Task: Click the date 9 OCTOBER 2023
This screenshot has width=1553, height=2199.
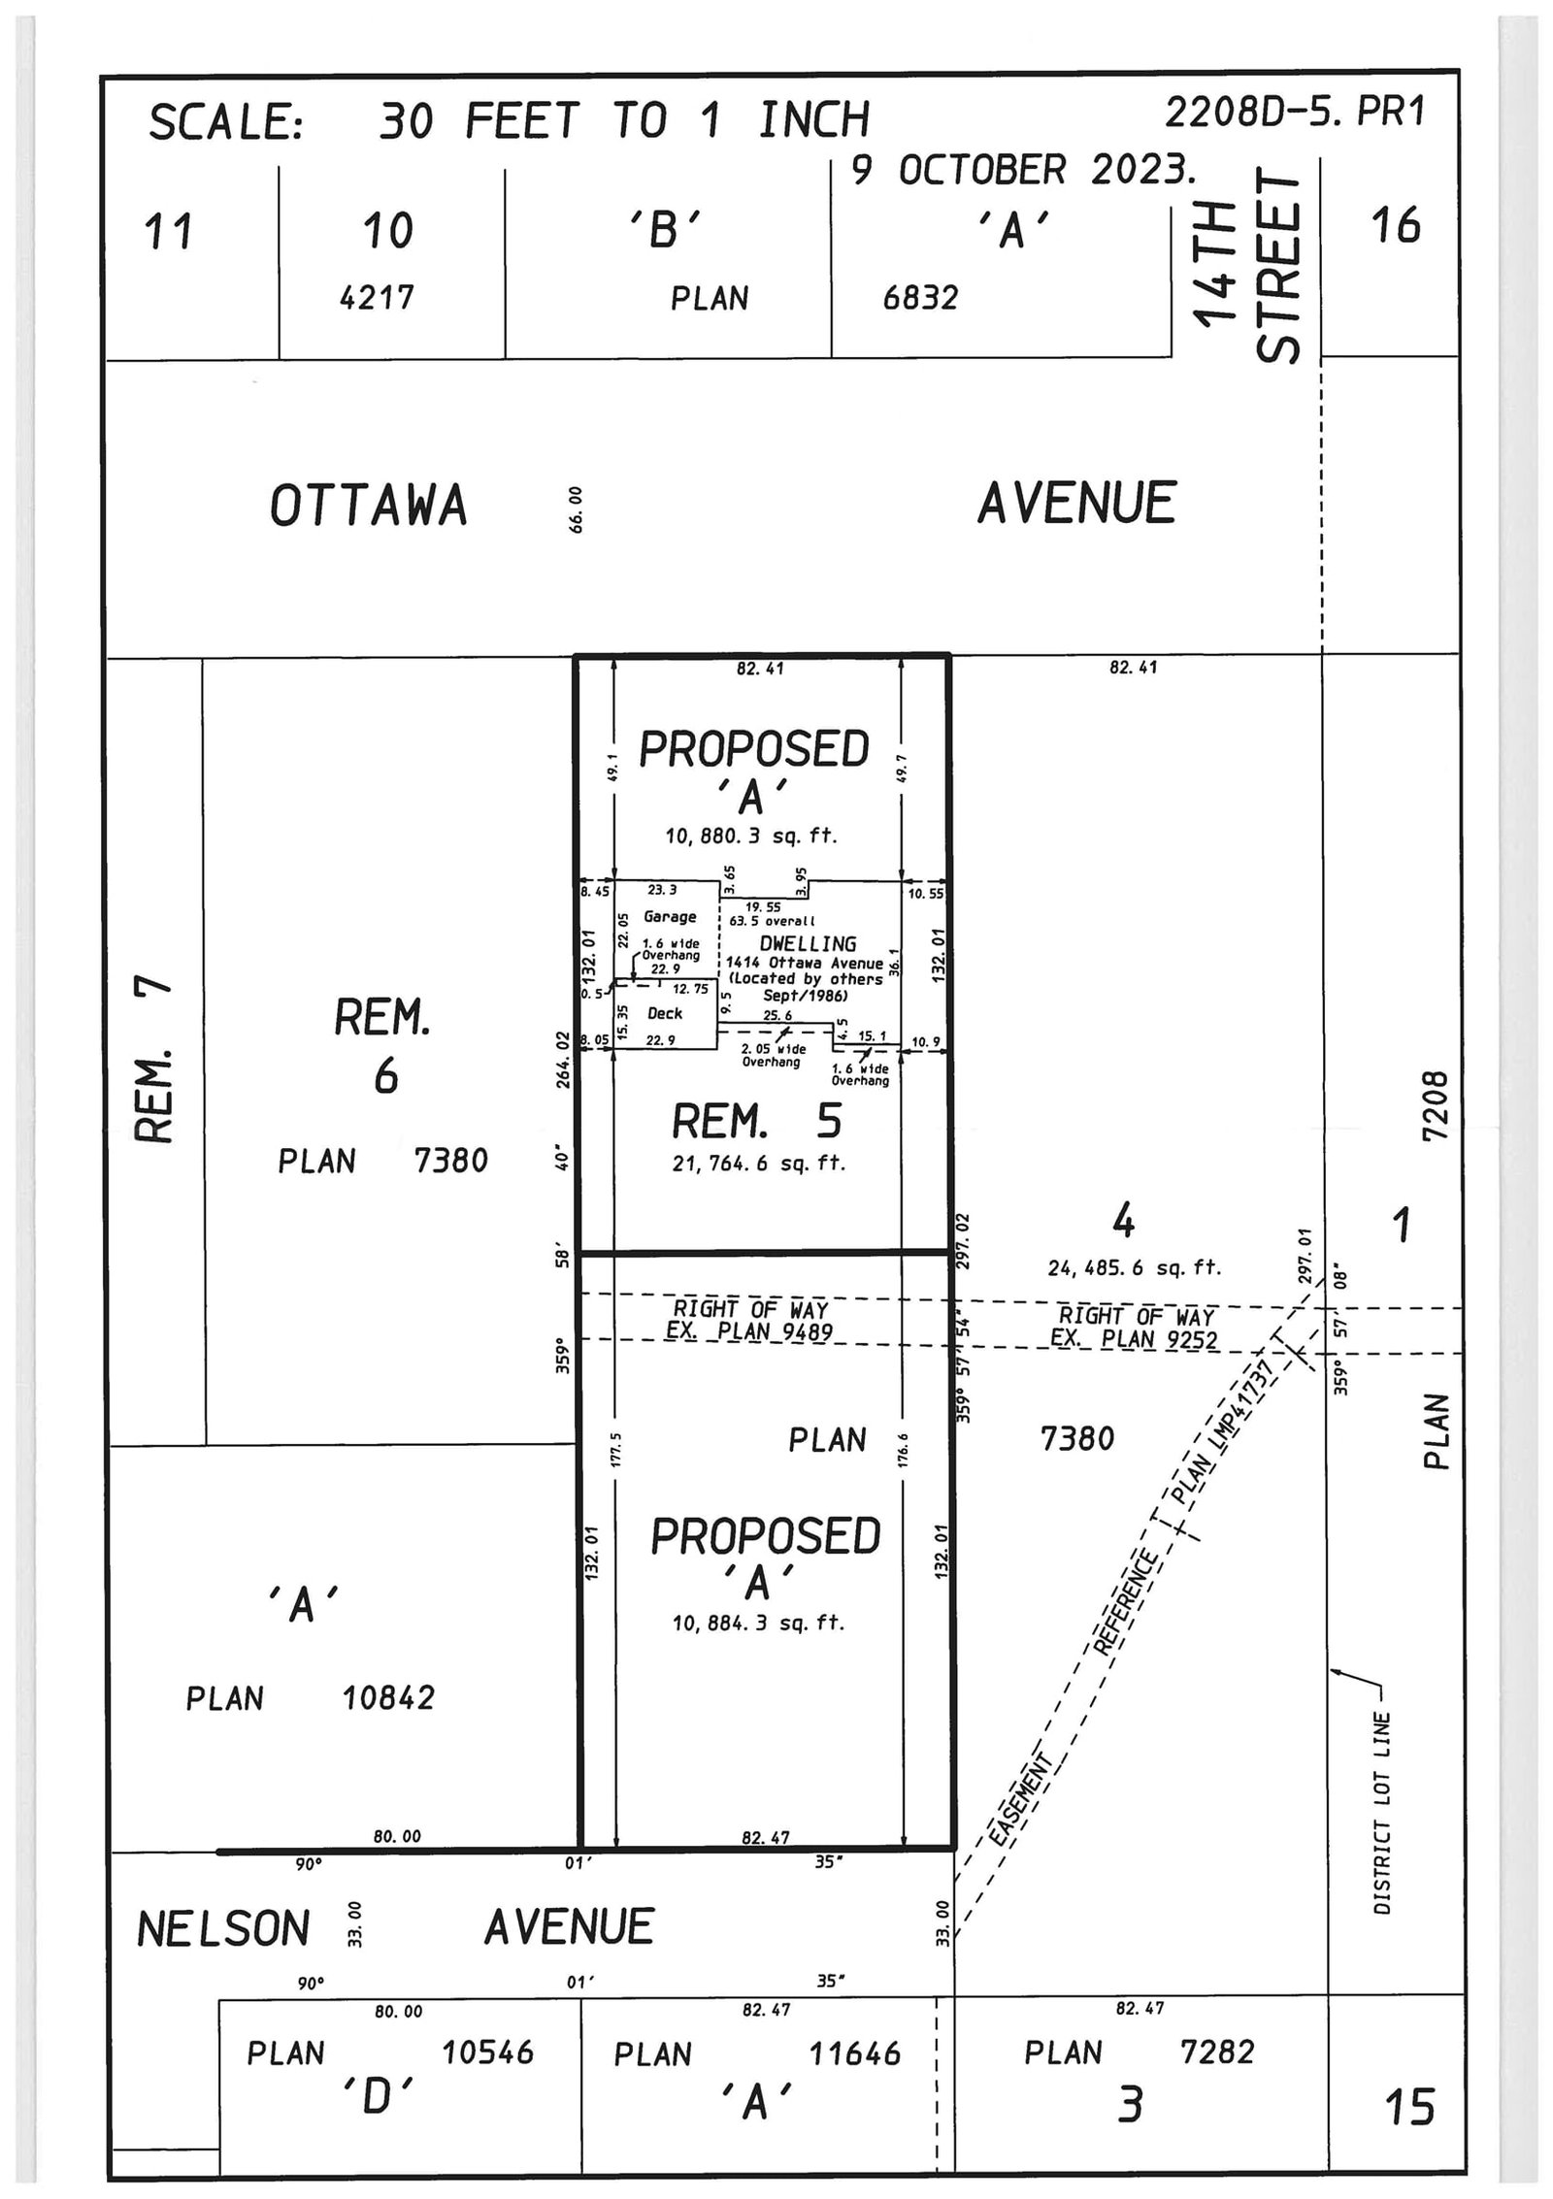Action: point(1023,170)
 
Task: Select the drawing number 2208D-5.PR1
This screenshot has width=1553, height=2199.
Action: point(1295,114)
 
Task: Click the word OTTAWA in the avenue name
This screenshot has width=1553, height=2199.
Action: point(368,507)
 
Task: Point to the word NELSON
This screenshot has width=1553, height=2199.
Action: point(223,1928)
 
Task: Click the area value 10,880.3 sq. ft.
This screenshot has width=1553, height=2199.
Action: point(750,836)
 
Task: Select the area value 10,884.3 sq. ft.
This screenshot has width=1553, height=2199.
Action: point(758,1623)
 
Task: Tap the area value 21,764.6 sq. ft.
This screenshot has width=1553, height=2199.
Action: point(758,1163)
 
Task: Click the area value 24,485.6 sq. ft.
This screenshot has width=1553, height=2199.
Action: point(1134,1267)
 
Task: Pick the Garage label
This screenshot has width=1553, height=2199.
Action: point(670,917)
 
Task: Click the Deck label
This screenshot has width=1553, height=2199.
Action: point(665,1013)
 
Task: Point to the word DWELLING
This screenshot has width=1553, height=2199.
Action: point(808,943)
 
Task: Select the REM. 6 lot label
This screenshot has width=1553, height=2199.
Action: point(383,1046)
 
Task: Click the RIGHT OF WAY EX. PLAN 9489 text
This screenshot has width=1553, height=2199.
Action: point(749,1321)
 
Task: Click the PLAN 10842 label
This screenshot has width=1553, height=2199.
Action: point(311,1698)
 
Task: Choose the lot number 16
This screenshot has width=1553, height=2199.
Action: point(1396,225)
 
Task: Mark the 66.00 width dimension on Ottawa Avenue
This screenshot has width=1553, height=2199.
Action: point(576,509)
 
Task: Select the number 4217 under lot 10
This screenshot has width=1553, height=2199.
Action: point(377,297)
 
